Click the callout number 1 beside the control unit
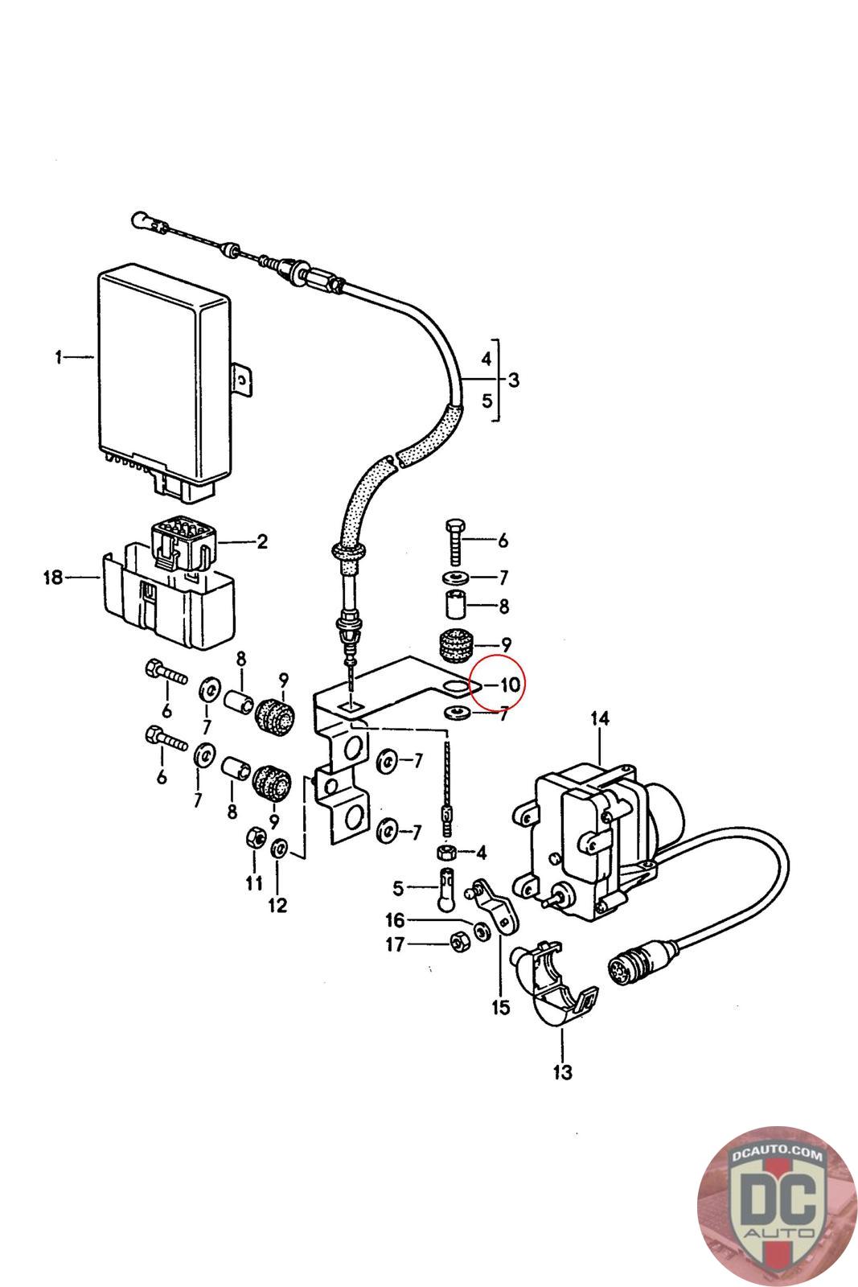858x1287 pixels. [58, 357]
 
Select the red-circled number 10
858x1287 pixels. [509, 685]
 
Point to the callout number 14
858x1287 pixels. [599, 718]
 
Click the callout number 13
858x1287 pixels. [563, 1071]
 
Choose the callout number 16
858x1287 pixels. [395, 920]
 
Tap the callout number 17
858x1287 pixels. [395, 944]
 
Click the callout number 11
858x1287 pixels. [254, 882]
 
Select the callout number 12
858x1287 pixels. [277, 906]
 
